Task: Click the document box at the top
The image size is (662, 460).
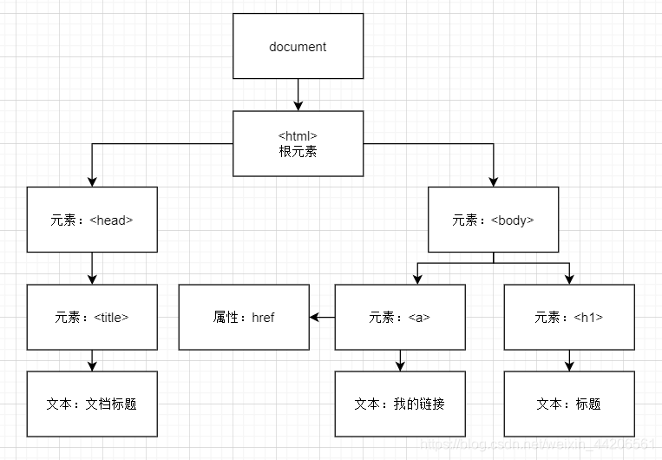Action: pos(298,46)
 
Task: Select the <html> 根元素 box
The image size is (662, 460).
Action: pos(298,143)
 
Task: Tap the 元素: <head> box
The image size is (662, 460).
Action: pos(92,220)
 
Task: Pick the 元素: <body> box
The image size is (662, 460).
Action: pos(493,220)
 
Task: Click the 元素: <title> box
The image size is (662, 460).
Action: pos(92,318)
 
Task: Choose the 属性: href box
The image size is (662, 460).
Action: pos(244,318)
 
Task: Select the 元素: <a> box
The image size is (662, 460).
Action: pos(400,318)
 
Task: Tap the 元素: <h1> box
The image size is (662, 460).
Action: pos(569,318)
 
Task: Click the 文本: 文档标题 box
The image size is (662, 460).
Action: pos(92,404)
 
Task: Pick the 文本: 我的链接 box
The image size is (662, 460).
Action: pos(400,404)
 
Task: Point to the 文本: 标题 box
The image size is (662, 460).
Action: pos(569,404)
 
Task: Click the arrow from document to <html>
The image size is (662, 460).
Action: pos(298,95)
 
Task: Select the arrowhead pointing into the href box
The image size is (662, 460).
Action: pos(314,318)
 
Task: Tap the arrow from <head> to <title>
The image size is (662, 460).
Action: pos(92,269)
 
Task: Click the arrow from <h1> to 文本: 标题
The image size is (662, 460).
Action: pos(569,361)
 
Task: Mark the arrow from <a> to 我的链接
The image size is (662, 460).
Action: pos(400,361)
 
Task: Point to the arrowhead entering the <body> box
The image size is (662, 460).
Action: pos(493,182)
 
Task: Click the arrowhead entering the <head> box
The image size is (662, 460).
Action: pos(92,182)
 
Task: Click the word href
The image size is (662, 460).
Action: pos(263,318)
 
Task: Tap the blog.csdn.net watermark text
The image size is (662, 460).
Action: pos(537,444)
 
